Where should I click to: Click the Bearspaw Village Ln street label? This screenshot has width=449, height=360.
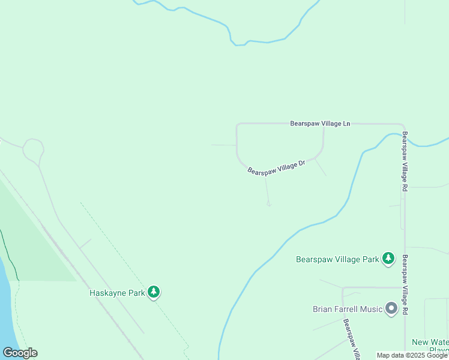click(x=320, y=123)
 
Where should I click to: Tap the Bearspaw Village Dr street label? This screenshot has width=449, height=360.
click(x=277, y=167)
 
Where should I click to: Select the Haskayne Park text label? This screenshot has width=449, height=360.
click(x=118, y=293)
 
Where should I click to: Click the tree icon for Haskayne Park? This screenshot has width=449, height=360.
click(x=154, y=292)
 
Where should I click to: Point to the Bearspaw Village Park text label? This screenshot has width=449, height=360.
click(x=337, y=259)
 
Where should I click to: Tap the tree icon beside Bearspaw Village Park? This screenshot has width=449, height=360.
click(x=388, y=258)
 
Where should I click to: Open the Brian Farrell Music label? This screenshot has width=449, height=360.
click(x=347, y=309)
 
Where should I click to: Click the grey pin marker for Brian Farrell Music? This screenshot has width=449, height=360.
click(x=391, y=308)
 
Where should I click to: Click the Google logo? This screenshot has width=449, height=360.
click(x=20, y=353)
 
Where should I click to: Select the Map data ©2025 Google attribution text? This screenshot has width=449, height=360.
click(x=412, y=355)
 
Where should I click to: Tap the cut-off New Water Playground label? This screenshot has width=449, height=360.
click(x=430, y=346)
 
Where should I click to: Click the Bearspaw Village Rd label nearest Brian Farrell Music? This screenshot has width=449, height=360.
click(x=406, y=285)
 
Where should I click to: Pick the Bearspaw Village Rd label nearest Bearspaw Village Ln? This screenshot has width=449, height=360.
click(x=405, y=161)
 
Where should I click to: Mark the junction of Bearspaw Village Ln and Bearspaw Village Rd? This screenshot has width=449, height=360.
click(x=403, y=125)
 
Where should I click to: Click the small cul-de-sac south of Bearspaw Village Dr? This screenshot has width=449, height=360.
click(x=269, y=204)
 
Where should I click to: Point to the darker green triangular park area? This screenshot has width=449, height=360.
click(x=36, y=240)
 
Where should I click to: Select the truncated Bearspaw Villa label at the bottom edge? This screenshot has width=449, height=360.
click(x=352, y=339)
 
